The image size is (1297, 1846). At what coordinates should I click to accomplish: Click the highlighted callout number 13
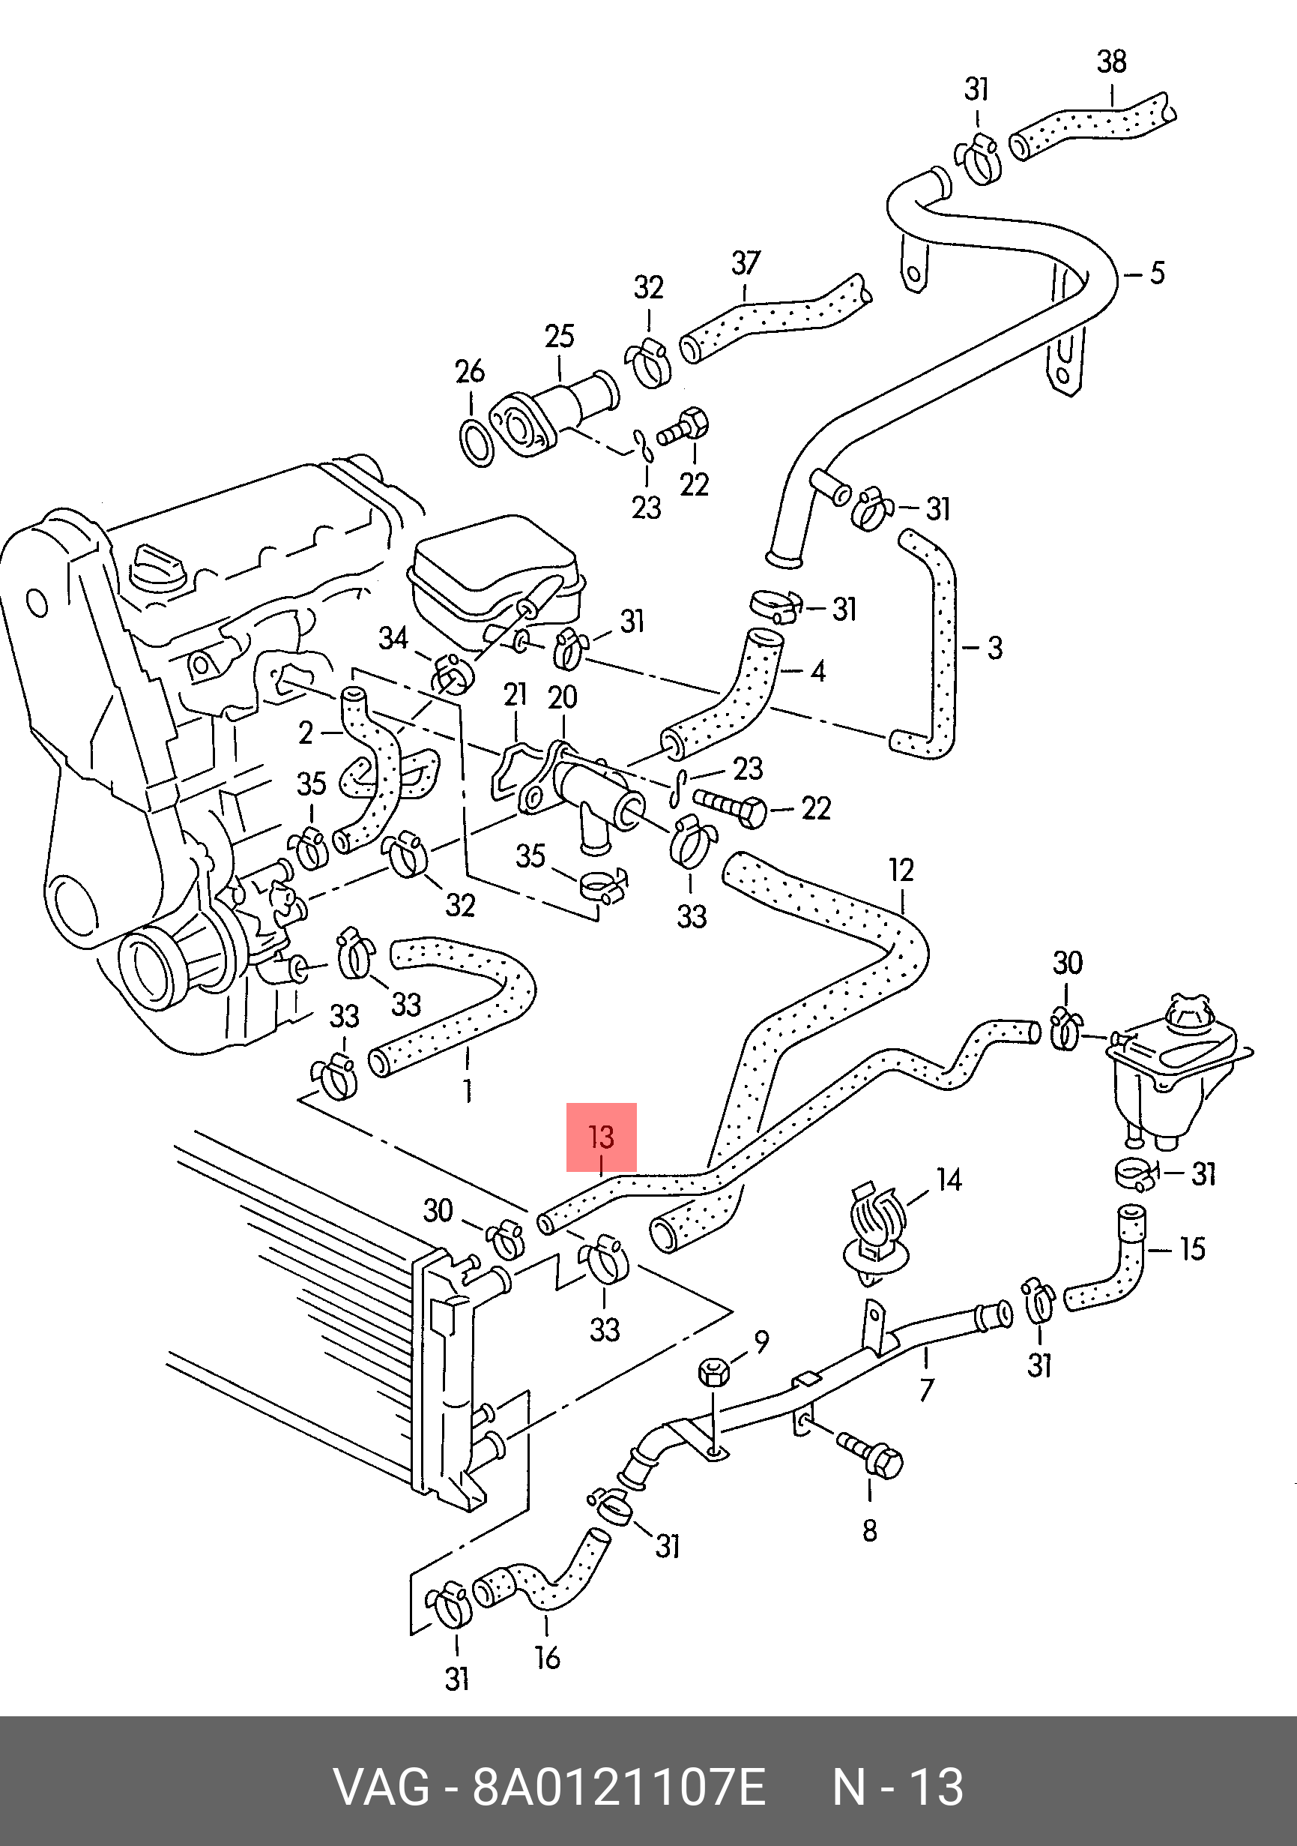click(601, 1137)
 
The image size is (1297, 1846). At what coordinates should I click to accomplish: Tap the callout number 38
click(1111, 62)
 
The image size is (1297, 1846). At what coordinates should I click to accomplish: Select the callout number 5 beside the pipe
click(1157, 274)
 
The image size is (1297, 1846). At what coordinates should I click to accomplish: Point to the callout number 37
click(745, 263)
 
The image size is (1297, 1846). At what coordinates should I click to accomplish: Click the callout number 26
click(470, 371)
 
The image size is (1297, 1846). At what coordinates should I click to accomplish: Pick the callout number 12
click(901, 871)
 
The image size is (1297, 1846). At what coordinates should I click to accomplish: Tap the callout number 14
click(949, 1180)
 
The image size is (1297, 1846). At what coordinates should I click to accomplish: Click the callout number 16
click(547, 1658)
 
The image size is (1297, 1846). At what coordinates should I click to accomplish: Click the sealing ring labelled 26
click(477, 442)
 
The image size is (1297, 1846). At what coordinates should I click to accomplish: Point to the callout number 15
click(1193, 1249)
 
